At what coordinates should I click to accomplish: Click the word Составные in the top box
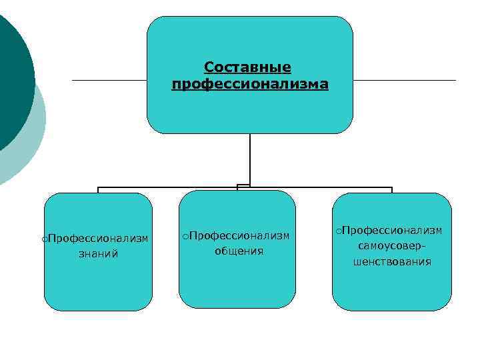(248, 67)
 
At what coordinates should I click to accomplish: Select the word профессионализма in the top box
(250, 85)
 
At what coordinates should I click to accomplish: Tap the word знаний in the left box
(98, 254)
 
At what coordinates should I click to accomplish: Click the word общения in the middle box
(239, 251)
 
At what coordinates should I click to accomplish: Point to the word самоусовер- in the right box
(392, 247)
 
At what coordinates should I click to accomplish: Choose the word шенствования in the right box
(392, 262)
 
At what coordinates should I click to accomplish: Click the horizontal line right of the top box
(404, 81)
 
